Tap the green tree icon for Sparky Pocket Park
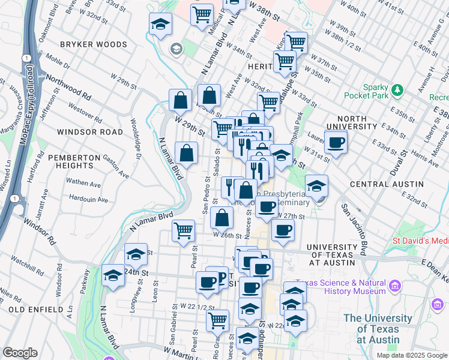click(x=397, y=91)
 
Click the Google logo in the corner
click(x=20, y=353)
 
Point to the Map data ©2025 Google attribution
click(x=412, y=355)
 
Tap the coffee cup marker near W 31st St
click(x=336, y=142)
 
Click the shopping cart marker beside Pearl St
click(x=183, y=230)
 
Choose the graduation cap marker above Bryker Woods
click(x=160, y=25)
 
